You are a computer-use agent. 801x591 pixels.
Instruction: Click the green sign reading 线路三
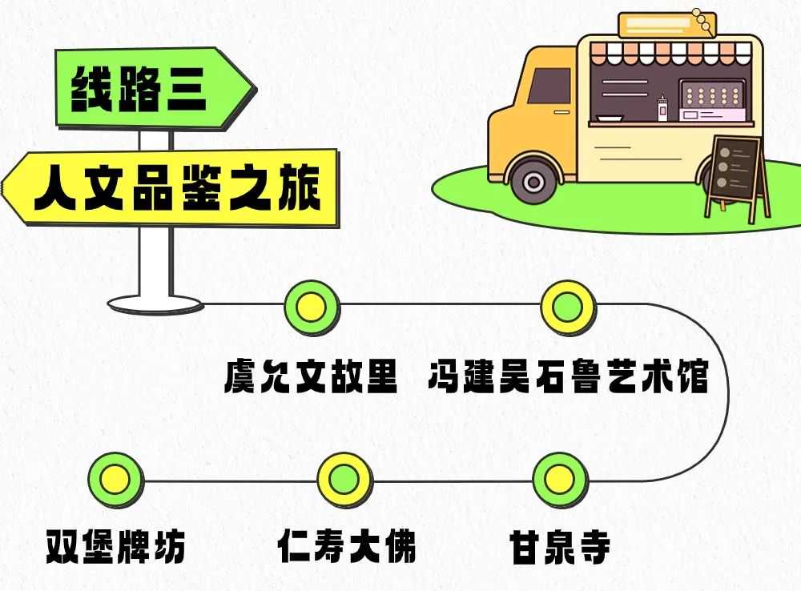point(153,88)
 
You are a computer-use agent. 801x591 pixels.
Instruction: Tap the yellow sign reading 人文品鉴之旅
point(171,187)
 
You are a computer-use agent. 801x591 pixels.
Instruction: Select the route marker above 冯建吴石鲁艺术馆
point(568,307)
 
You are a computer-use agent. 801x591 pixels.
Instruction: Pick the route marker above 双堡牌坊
point(116,480)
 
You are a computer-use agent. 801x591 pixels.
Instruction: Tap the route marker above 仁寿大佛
point(344,480)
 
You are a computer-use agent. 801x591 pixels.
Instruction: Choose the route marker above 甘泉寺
point(561,479)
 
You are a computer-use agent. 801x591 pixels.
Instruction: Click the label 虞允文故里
point(311,376)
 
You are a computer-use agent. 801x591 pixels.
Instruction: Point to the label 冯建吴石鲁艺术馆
point(569,376)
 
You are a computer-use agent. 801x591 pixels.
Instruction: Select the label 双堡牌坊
point(115,546)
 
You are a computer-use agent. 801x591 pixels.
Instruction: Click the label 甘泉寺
point(560,546)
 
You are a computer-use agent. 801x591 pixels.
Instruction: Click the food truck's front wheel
point(533,181)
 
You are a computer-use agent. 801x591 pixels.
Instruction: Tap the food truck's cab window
point(549,86)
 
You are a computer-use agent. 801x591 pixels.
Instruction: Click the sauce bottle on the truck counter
point(662,109)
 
